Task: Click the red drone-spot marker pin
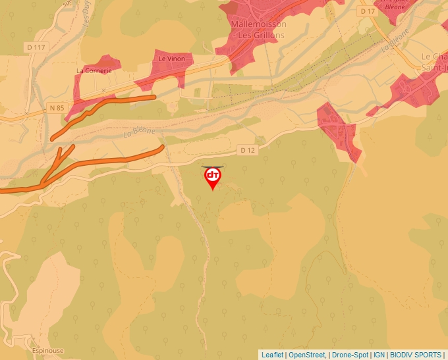tap(212, 177)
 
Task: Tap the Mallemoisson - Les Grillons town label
tap(258, 30)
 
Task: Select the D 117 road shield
tap(36, 47)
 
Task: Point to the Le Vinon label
tap(171, 59)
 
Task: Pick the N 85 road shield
tap(57, 107)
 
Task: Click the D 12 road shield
tap(248, 150)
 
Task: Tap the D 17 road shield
tap(368, 11)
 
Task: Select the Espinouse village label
tap(47, 351)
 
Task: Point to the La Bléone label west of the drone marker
tap(139, 132)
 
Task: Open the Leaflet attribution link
tap(272, 355)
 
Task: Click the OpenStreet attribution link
tap(308, 355)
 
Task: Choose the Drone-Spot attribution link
tap(350, 355)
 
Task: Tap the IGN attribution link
tap(379, 355)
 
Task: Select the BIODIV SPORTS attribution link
tap(416, 355)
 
